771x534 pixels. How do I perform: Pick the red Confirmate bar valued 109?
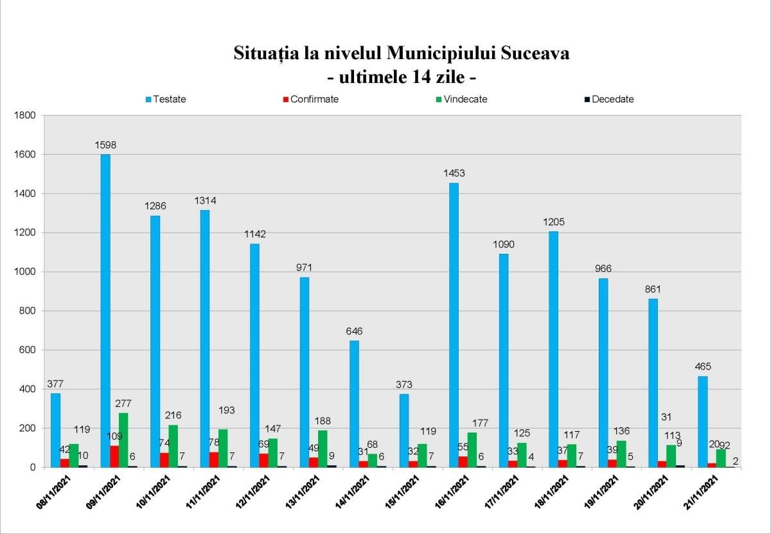pyautogui.click(x=114, y=456)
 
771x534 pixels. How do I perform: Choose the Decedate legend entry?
pyautogui.click(x=608, y=100)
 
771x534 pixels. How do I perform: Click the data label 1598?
pyautogui.click(x=105, y=145)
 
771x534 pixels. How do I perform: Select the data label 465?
pyautogui.click(x=702, y=367)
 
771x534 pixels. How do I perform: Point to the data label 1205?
pyautogui.click(x=553, y=222)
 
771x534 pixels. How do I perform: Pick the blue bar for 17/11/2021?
pyautogui.click(x=504, y=360)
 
